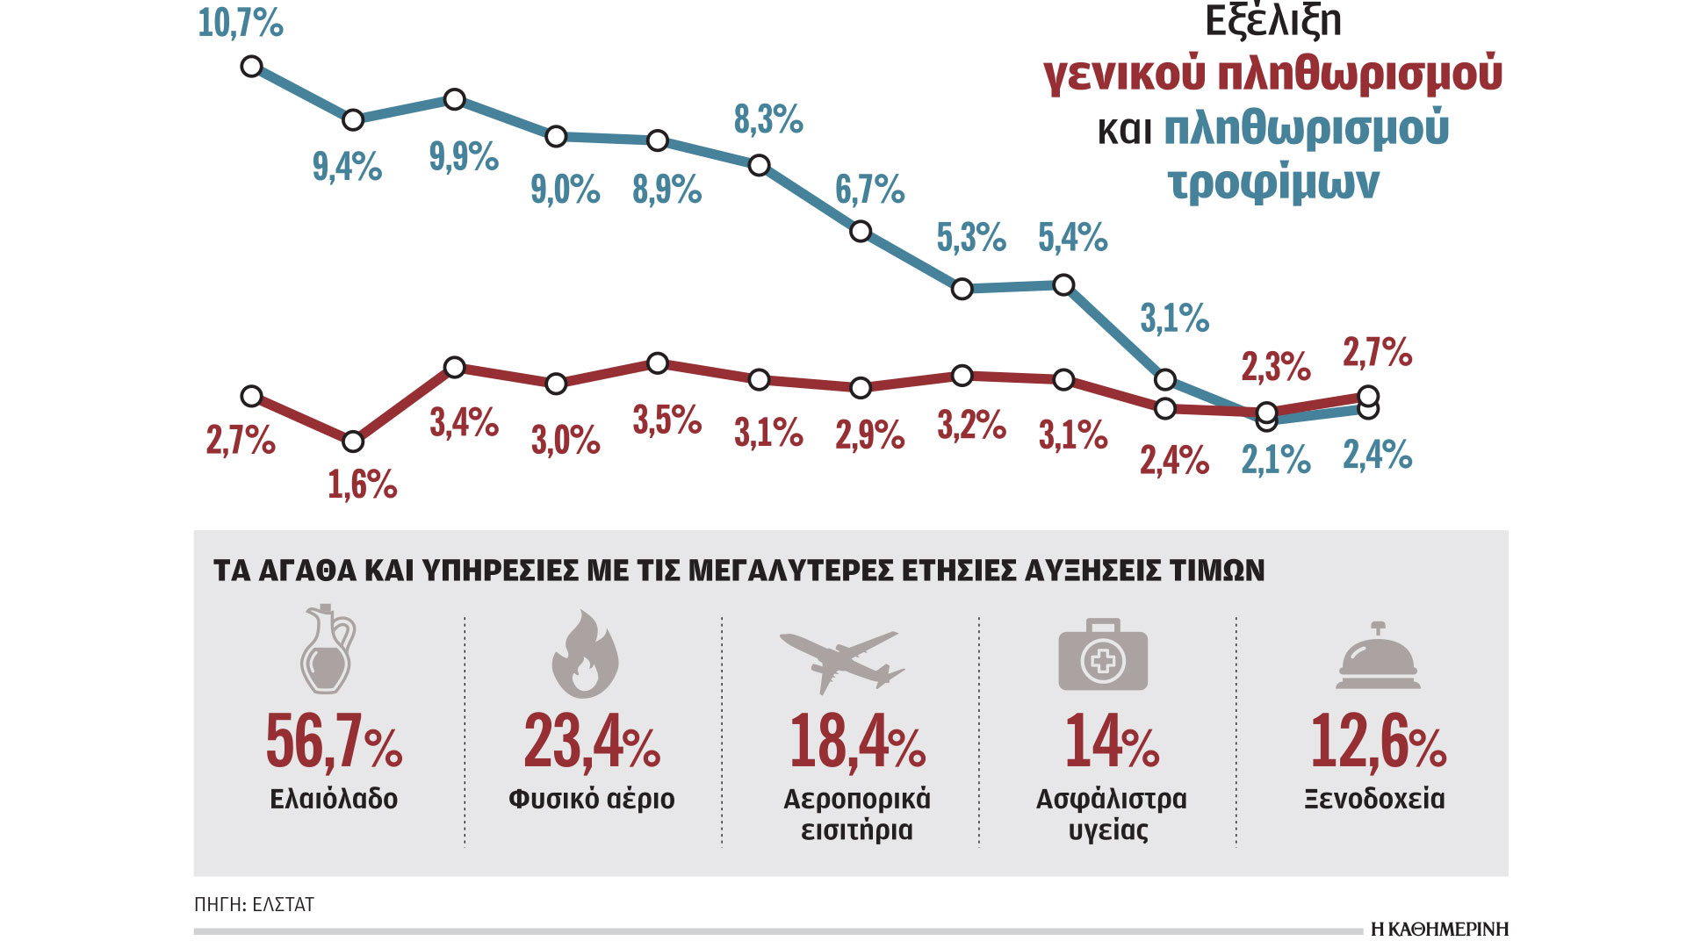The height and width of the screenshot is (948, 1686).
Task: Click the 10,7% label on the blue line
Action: coord(241,23)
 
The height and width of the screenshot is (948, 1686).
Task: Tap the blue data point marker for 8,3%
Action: coord(760,165)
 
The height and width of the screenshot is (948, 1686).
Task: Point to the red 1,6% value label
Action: coord(362,485)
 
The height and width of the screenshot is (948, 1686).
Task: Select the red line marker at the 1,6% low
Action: coord(353,442)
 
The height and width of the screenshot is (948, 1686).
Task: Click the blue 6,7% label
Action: coord(869,190)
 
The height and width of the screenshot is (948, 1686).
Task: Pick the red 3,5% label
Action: coord(667,420)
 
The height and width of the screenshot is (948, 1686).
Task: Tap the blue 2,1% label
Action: coord(1276,460)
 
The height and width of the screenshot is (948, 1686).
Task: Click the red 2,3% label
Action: coord(1276,367)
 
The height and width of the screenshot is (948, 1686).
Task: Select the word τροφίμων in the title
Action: coord(1272,183)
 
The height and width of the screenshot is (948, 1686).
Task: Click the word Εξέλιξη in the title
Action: coord(1272,21)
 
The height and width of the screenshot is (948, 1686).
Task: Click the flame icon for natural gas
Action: coord(585,655)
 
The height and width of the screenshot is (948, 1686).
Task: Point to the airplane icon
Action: coord(841,662)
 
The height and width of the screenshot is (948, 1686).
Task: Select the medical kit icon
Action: coord(1103,655)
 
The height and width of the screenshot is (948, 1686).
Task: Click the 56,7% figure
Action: coord(334,742)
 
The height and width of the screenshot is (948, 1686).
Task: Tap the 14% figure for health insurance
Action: coord(1112,742)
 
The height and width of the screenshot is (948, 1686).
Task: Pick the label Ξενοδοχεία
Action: coord(1374,799)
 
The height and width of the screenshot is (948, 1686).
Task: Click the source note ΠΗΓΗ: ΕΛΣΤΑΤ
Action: coord(255,904)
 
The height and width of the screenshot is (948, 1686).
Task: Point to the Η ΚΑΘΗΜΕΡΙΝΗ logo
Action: coord(1439,929)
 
